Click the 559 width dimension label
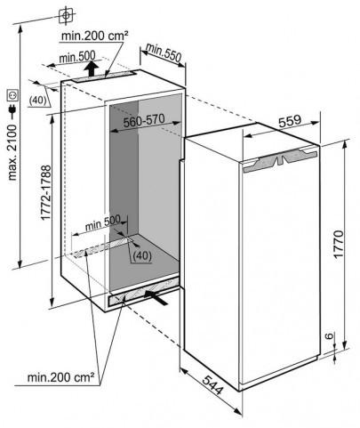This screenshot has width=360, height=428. (x=289, y=121)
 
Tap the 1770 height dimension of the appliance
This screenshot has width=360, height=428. (x=338, y=243)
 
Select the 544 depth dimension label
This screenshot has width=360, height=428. (x=212, y=384)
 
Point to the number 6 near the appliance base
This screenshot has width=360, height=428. (x=329, y=336)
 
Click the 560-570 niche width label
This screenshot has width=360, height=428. (x=144, y=120)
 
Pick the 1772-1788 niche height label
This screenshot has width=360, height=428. (x=46, y=193)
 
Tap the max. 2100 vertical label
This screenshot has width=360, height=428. (x=12, y=152)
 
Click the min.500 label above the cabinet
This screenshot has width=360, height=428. (x=77, y=56)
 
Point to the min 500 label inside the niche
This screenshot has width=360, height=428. (x=102, y=223)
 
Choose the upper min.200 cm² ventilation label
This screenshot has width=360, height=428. (x=95, y=36)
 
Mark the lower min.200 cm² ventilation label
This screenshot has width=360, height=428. (x=60, y=377)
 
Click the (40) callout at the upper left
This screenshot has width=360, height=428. (x=38, y=101)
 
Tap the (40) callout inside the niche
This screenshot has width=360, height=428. (x=142, y=255)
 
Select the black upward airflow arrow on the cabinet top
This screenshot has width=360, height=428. (x=91, y=69)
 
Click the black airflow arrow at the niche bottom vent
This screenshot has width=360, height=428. (x=156, y=297)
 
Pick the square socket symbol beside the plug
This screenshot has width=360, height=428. (x=13, y=95)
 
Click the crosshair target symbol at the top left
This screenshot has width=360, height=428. (x=66, y=15)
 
